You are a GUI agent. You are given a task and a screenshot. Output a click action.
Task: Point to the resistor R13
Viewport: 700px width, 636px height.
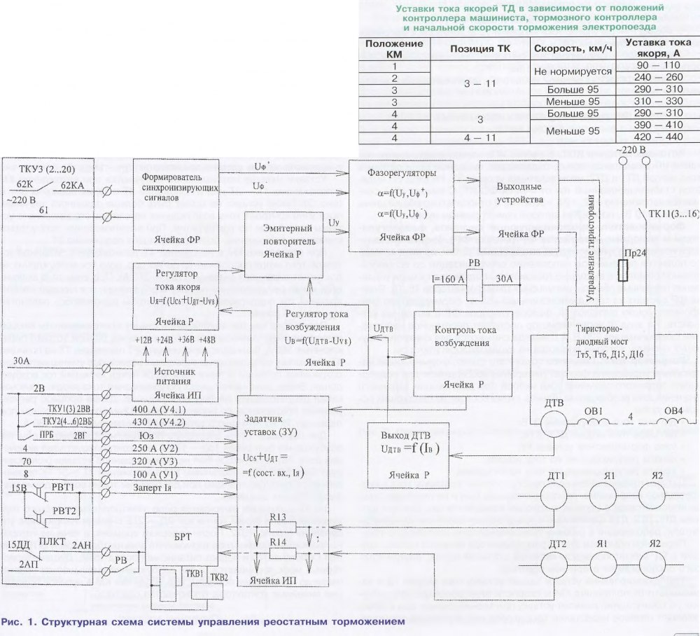[282, 527]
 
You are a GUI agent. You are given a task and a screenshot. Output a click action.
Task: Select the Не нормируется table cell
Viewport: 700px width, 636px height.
[573, 71]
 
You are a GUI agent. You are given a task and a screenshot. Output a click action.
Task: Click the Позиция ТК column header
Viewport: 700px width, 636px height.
[479, 50]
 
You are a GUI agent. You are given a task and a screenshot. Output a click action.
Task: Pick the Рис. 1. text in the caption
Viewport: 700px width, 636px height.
[17, 622]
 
